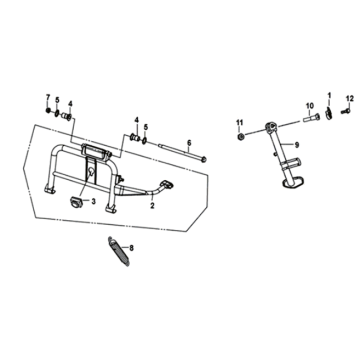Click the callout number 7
point(48,97)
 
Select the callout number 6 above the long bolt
point(189,143)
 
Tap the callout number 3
point(94,201)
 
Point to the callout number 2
point(152,206)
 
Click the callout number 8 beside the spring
point(131,248)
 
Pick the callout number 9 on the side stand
point(297,145)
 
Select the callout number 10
point(310,106)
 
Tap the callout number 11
point(239,122)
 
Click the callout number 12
point(350,98)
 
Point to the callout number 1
point(329,96)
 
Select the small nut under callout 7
point(48,111)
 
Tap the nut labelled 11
point(239,136)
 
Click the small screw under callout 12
point(346,111)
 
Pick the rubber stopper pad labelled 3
point(75,201)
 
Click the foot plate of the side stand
point(292,182)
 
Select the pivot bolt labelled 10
point(311,117)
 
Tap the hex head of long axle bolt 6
point(204,160)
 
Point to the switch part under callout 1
point(329,113)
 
